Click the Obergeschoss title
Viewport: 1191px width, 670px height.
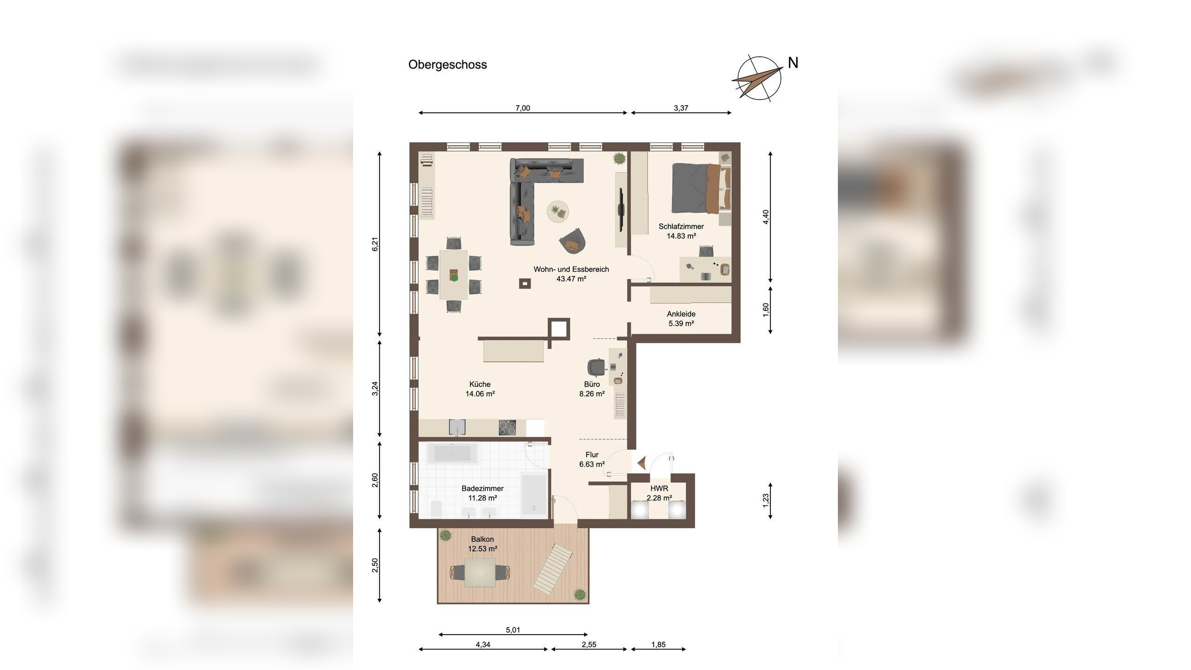[x=448, y=65]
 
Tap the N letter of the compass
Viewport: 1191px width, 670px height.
[x=793, y=63]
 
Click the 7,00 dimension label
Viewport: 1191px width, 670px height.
[x=522, y=108]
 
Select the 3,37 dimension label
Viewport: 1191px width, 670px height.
[x=681, y=108]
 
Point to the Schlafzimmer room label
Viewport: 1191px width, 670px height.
[x=681, y=227]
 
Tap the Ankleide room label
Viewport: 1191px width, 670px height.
[x=681, y=314]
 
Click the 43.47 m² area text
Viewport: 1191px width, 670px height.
[x=571, y=279]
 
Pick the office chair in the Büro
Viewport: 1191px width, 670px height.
[x=596, y=367]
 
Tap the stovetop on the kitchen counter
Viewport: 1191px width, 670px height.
[x=507, y=428]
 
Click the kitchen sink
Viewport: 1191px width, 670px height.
[x=457, y=427]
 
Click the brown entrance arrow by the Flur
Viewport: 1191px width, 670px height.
[x=641, y=462]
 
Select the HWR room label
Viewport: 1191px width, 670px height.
[x=659, y=489]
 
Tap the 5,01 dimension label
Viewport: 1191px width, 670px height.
[x=513, y=630]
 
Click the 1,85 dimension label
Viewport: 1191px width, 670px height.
[x=658, y=644]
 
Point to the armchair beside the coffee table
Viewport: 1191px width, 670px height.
[x=573, y=241]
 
